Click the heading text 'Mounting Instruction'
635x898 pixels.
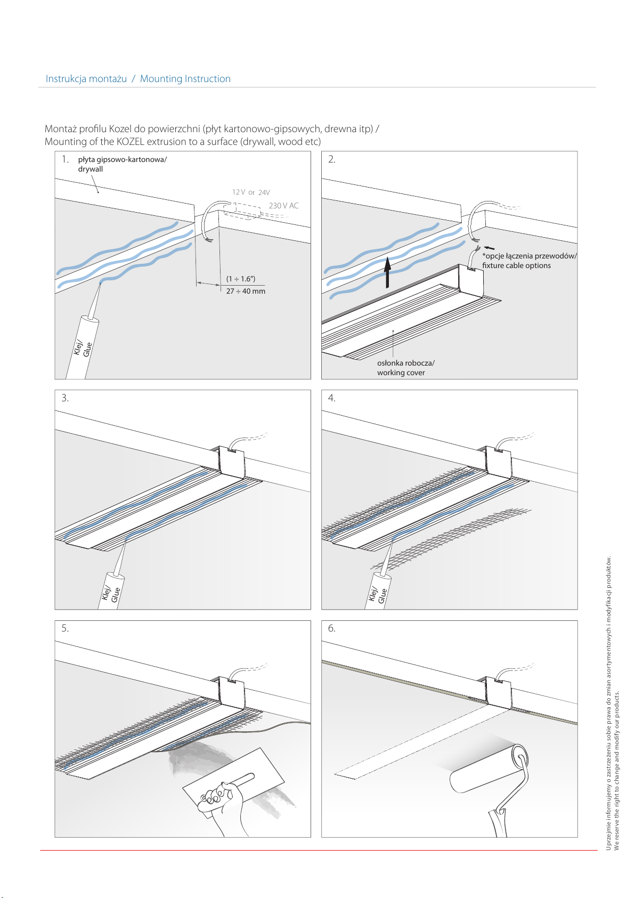185,79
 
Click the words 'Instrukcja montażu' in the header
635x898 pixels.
86,79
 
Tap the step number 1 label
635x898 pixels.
65,159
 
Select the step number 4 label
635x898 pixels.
331,398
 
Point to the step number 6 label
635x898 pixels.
331,628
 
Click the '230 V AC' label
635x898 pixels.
283,206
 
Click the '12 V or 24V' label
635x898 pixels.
250,192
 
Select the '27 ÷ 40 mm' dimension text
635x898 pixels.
246,291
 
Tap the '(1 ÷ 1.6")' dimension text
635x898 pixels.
241,279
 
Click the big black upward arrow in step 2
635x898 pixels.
388,272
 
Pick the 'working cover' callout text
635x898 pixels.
401,373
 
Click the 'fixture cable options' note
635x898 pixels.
516,265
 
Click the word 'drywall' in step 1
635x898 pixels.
91,169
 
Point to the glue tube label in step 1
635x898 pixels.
83,348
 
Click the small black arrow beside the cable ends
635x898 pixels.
490,248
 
